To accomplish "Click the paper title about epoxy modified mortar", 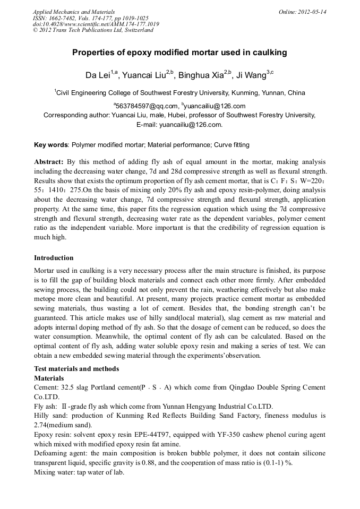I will click(179, 53).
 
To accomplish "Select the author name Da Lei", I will click(97, 75).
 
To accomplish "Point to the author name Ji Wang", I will click(251, 75).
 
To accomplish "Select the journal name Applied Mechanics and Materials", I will click(73, 12).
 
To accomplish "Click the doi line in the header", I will click(96, 24).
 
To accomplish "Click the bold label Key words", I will click(51, 144).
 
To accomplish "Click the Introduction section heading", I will click(54, 258).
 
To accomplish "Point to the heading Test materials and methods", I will click(76, 369).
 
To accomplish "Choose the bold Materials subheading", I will click(49, 378).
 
